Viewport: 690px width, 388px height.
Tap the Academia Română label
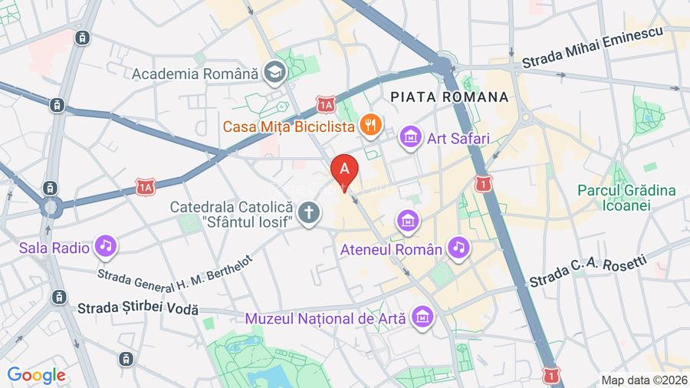[x=195, y=74]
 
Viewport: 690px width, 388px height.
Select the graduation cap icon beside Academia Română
[x=272, y=74]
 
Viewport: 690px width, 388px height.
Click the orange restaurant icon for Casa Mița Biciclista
[x=372, y=124]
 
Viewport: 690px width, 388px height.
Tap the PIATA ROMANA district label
[x=449, y=97]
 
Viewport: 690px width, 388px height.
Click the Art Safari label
[x=458, y=139]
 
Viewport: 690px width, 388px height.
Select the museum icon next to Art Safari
[x=411, y=138]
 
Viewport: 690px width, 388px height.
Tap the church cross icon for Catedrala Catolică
[x=308, y=212]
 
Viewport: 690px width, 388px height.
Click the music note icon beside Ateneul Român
[x=458, y=247]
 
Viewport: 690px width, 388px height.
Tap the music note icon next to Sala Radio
[x=104, y=246]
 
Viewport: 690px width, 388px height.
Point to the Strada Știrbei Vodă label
[x=138, y=309]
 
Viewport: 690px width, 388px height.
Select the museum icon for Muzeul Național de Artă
[x=421, y=315]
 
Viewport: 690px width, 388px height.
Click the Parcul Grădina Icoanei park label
[x=626, y=197]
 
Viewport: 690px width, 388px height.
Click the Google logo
[x=36, y=375]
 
